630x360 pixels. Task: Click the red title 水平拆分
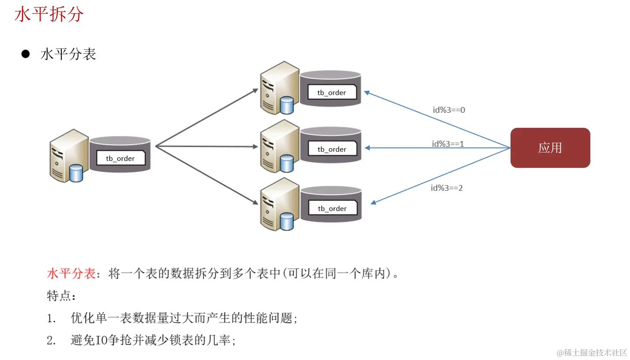click(x=49, y=15)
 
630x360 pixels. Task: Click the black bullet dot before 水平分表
click(x=25, y=54)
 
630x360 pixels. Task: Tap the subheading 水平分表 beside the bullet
click(x=68, y=54)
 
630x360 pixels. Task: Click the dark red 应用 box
click(x=550, y=148)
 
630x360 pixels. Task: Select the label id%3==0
click(x=449, y=110)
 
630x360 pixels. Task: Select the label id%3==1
click(x=447, y=144)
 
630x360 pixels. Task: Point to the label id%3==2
click(x=447, y=188)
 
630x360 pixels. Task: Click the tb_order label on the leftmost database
click(x=120, y=158)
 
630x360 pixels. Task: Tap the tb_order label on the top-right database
click(x=332, y=93)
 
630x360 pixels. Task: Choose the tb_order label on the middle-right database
click(x=332, y=149)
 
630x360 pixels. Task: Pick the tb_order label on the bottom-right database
click(x=332, y=208)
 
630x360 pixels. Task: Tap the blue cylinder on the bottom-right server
click(x=287, y=221)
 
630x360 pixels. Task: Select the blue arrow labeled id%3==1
click(x=436, y=148)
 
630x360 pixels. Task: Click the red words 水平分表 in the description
click(x=71, y=274)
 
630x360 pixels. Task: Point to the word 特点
click(x=58, y=296)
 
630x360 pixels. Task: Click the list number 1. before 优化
click(x=51, y=318)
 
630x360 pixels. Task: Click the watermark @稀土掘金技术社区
click(x=592, y=352)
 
